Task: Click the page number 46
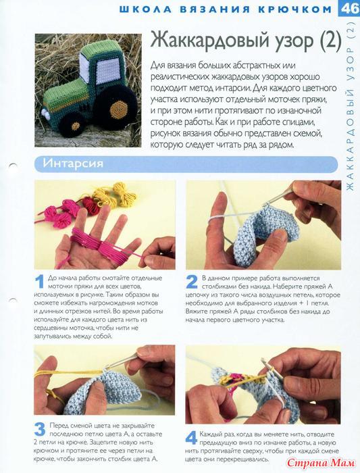(x=349, y=8)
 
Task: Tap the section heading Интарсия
(x=73, y=164)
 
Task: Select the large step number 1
(x=39, y=282)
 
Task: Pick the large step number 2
(x=192, y=282)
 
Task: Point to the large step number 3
(x=40, y=429)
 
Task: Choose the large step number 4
(x=191, y=438)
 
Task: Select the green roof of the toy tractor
(x=99, y=48)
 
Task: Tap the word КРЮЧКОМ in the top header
(x=294, y=9)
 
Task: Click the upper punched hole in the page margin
(x=14, y=166)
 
